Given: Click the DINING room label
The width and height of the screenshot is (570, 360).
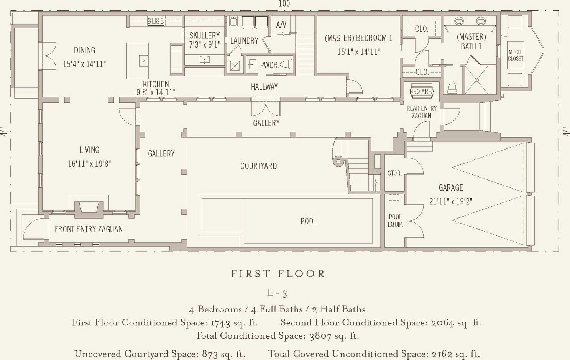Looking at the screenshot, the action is click(84, 50).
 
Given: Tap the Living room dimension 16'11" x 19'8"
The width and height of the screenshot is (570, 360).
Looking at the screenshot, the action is click(89, 164).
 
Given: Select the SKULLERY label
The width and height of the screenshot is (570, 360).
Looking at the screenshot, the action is click(205, 35).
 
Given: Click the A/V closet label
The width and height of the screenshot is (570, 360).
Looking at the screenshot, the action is click(281, 25).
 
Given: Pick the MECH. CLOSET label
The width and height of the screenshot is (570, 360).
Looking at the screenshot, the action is click(516, 55).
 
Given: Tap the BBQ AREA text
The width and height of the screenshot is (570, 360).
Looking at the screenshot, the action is click(422, 92).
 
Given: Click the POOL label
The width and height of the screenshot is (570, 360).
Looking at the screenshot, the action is click(309, 221).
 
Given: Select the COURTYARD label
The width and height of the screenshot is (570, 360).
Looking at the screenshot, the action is click(258, 166).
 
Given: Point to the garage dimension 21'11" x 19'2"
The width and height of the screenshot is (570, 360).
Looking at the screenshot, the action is click(451, 201).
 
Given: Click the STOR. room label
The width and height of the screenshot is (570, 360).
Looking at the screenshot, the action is click(395, 173).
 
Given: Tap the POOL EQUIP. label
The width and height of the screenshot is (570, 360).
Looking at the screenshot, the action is click(395, 220).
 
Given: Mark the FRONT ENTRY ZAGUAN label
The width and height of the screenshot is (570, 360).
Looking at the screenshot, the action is click(89, 229).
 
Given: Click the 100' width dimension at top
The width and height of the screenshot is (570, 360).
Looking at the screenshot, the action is click(285, 3).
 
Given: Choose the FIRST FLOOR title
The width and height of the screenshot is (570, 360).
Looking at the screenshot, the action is click(278, 274).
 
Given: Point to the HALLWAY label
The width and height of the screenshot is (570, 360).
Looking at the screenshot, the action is click(264, 87).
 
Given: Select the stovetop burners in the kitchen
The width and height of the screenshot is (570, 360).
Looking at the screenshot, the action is click(156, 21).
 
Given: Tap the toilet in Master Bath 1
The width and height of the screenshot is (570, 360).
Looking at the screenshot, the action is click(452, 87).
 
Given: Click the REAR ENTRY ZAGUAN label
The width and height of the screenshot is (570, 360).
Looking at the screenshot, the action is click(421, 112).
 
